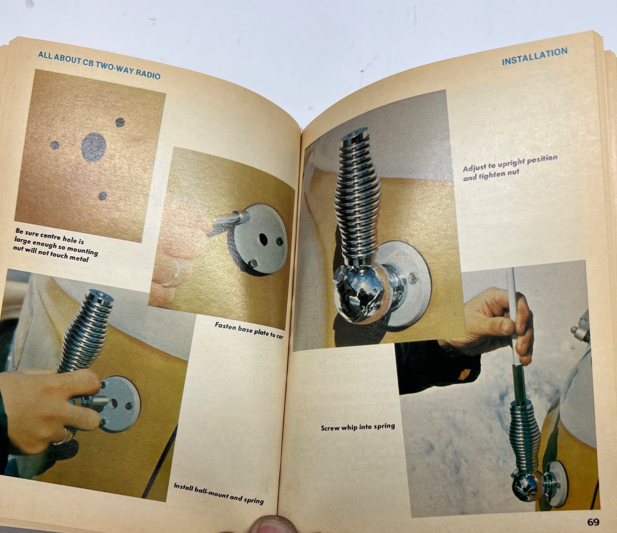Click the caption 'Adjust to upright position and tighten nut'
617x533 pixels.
pyautogui.click(x=509, y=168)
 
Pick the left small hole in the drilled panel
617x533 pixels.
pyautogui.click(x=55, y=145)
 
